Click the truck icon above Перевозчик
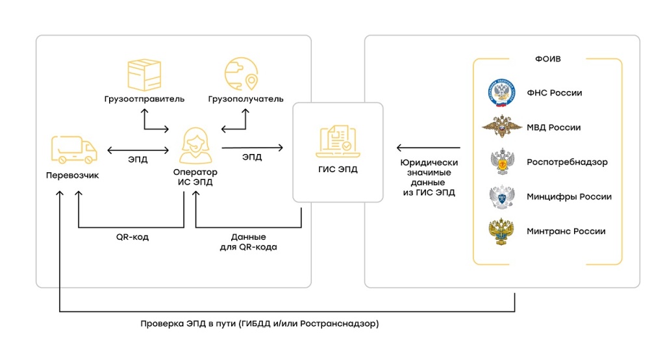[73, 150]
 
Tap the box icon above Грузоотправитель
[144, 75]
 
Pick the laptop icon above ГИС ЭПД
[336, 142]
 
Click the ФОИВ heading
[547, 59]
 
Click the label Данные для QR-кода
[249, 242]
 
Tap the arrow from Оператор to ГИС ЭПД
[253, 148]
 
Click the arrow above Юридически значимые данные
[429, 148]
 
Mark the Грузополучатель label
[246, 99]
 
